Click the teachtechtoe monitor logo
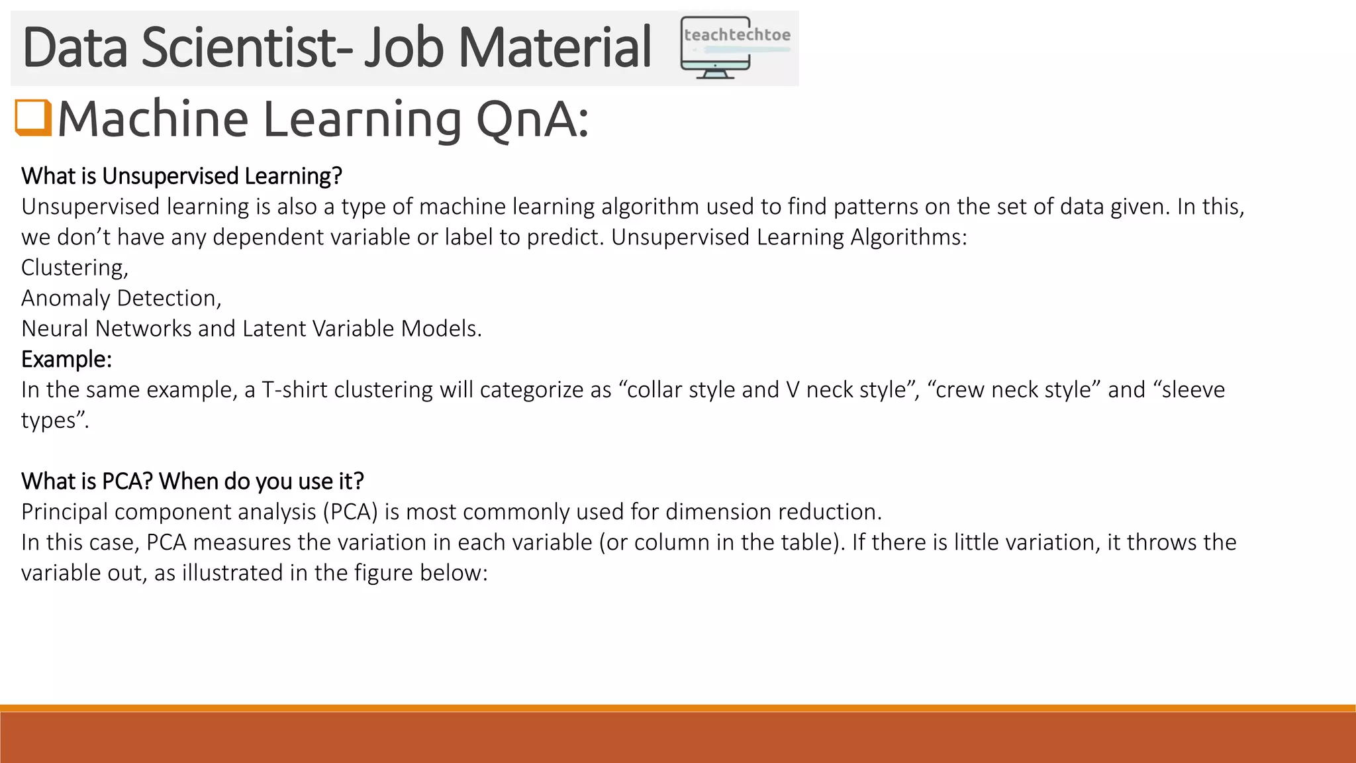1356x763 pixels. pyautogui.click(x=735, y=48)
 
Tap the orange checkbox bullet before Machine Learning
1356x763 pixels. pyautogui.click(x=33, y=118)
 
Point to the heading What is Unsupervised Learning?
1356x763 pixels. pyautogui.click(x=181, y=176)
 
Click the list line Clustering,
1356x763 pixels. pyautogui.click(x=75, y=268)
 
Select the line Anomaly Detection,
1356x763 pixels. pyautogui.click(x=121, y=298)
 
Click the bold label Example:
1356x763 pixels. pyautogui.click(x=66, y=359)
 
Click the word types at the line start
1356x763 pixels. pyautogui.click(x=49, y=421)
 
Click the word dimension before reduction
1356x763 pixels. pyautogui.click(x=718, y=512)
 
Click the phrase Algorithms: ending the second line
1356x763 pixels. pyautogui.click(x=908, y=237)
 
